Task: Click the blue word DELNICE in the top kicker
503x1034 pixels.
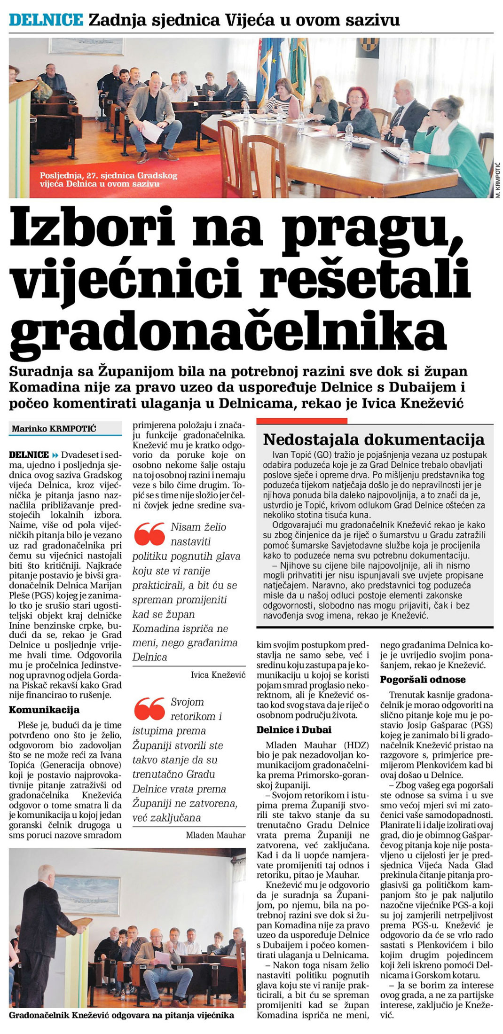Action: tap(46, 20)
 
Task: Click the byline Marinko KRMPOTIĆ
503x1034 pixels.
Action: tap(54, 428)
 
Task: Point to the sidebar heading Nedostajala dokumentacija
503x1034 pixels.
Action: tap(374, 439)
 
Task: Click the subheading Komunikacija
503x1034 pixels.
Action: tap(44, 710)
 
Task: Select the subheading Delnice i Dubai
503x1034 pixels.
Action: tap(294, 730)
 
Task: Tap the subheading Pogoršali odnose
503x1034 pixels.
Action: tap(423, 679)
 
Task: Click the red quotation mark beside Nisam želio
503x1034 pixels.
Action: tap(149, 534)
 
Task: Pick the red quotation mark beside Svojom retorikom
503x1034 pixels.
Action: tap(149, 708)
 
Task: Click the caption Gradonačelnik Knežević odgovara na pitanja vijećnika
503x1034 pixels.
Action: tap(121, 1015)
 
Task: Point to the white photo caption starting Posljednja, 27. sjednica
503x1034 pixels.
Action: tap(109, 180)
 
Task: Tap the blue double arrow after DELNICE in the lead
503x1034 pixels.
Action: tap(55, 454)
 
